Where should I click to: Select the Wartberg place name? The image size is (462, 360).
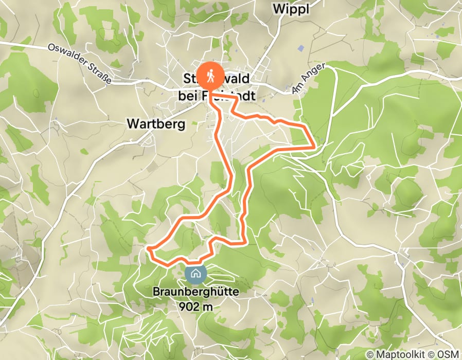(x=155, y=124)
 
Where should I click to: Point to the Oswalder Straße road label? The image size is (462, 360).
(x=79, y=63)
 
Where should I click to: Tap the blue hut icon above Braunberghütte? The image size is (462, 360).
(x=196, y=274)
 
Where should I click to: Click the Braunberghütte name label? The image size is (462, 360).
(x=196, y=292)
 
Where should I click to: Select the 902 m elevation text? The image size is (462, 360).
(x=196, y=306)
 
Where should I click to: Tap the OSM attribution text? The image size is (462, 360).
(x=447, y=354)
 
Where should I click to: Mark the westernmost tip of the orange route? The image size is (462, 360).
(x=148, y=249)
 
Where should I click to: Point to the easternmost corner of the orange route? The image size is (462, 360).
(x=314, y=147)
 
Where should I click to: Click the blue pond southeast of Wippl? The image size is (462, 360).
(x=301, y=48)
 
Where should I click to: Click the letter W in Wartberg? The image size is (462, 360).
(x=131, y=124)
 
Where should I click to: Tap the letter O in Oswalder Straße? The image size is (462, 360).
(x=50, y=47)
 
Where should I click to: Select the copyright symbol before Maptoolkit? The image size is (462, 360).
(x=369, y=354)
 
